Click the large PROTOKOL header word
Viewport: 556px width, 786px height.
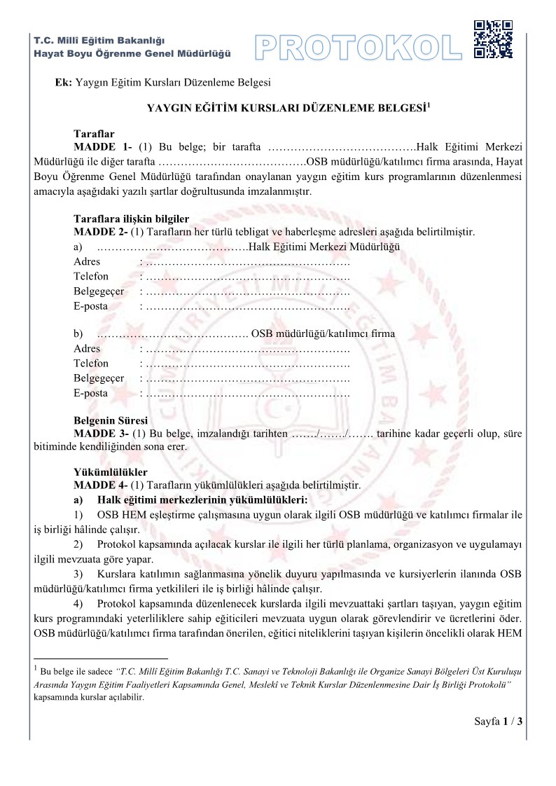(358, 47)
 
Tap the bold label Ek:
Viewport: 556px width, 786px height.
(64, 83)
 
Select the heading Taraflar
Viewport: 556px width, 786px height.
(94, 134)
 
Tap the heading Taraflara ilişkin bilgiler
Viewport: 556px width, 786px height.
(132, 219)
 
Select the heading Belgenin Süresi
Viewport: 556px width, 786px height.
(111, 421)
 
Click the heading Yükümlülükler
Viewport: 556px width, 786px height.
(111, 472)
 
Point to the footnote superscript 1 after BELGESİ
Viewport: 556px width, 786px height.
(429, 105)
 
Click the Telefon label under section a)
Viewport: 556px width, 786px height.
(91, 276)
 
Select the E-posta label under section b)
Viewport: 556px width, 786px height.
(90, 393)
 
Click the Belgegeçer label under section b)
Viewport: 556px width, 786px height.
(99, 378)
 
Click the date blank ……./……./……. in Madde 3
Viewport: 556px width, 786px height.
(332, 434)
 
